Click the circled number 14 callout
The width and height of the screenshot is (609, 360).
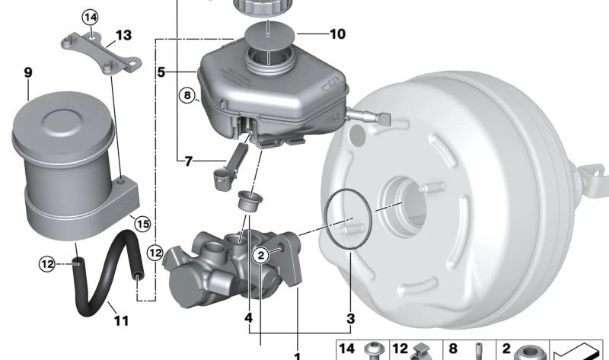pyautogui.click(x=90, y=18)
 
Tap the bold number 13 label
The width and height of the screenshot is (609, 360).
pyautogui.click(x=123, y=35)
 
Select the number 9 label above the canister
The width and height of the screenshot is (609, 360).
pyautogui.click(x=28, y=72)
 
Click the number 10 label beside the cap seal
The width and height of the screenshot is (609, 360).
pyautogui.click(x=337, y=34)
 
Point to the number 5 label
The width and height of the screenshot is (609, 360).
pyautogui.click(x=161, y=72)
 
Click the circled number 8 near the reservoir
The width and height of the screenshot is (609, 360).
pyautogui.click(x=187, y=95)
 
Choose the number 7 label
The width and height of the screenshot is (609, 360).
pyautogui.click(x=188, y=161)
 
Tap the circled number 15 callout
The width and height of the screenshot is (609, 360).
pyautogui.click(x=142, y=224)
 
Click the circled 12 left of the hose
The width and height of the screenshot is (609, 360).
pyautogui.click(x=47, y=264)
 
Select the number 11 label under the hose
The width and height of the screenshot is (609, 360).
pyautogui.click(x=121, y=320)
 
